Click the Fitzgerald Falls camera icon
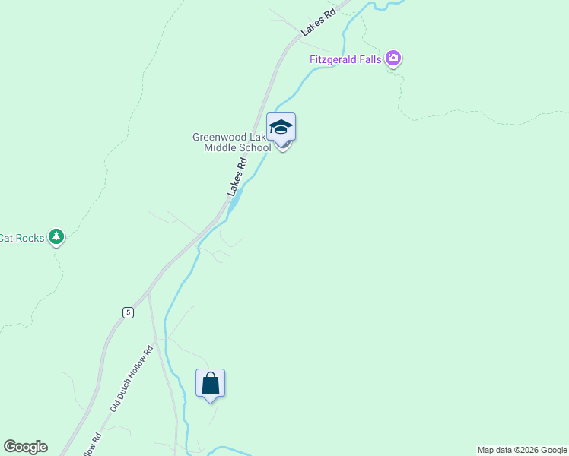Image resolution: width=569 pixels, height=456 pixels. [x=393, y=58]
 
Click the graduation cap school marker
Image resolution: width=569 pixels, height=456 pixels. [x=281, y=126]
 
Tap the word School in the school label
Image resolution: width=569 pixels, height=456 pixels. [x=255, y=147]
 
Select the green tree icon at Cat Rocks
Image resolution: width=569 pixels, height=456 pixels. [x=56, y=236]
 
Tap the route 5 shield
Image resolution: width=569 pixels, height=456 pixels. [x=128, y=312]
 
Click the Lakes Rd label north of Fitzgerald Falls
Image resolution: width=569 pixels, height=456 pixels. [x=318, y=23]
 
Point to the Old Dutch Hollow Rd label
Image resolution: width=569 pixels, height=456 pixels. [x=132, y=378]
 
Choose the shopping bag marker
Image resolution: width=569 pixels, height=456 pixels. [x=211, y=383]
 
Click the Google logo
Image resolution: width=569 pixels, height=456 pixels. [x=25, y=447]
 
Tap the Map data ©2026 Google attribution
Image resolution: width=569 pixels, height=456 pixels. [x=522, y=450]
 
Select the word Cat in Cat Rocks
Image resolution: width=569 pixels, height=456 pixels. [x=7, y=238]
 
